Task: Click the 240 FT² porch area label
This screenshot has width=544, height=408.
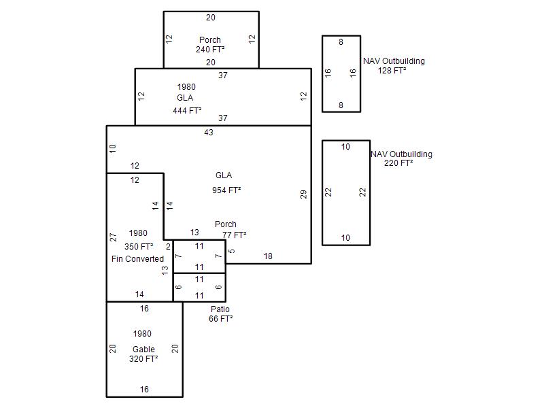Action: click(x=210, y=50)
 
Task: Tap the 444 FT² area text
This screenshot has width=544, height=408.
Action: click(x=187, y=111)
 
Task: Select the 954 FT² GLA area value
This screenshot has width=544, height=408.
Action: click(x=226, y=190)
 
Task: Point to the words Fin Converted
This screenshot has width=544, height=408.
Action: click(x=137, y=259)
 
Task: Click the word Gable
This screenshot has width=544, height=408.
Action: click(x=143, y=350)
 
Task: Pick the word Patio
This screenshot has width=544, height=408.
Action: click(x=220, y=309)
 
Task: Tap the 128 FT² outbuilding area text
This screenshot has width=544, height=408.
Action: click(x=392, y=71)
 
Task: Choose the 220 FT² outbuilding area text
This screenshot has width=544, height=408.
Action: click(x=398, y=163)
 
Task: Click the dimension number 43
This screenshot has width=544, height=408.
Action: click(x=209, y=133)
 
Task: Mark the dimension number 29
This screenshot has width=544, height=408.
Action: click(x=303, y=194)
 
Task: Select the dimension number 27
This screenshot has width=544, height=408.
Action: click(x=113, y=237)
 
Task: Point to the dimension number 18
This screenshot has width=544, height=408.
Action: click(x=268, y=256)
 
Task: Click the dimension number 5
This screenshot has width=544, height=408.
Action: click(x=232, y=251)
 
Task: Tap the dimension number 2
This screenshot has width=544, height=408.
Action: click(x=168, y=247)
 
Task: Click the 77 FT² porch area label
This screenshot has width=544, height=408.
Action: click(x=234, y=235)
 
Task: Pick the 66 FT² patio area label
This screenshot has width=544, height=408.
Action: click(x=220, y=318)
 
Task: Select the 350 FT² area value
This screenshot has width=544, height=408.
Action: click(x=139, y=247)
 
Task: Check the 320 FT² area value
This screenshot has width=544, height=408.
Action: click(x=143, y=359)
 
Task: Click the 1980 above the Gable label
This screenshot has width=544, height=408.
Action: click(x=142, y=334)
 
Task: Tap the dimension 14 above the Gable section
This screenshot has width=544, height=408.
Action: click(x=139, y=294)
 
